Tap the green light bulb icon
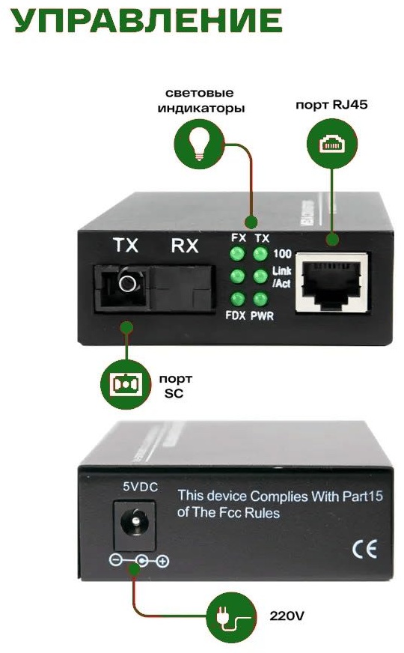(200, 144)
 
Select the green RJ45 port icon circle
(332, 144)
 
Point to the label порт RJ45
(331, 104)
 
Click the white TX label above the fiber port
(126, 245)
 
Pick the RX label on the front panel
(185, 246)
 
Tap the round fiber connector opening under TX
(128, 283)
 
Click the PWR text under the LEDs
(262, 316)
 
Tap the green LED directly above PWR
(260, 299)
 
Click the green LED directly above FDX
(237, 299)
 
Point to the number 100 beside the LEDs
(282, 253)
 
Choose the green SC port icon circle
(126, 385)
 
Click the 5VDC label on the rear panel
(140, 487)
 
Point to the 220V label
(287, 616)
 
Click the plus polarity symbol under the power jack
(162, 561)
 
